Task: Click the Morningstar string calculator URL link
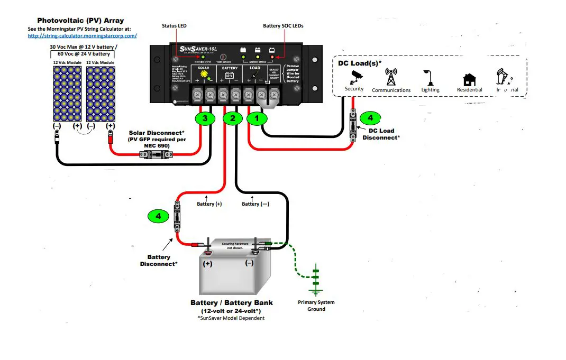pyautogui.click(x=82, y=35)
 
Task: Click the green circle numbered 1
pyautogui.click(x=257, y=118)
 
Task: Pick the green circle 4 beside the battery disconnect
pyautogui.click(x=158, y=216)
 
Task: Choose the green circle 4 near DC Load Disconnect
pyautogui.click(x=370, y=118)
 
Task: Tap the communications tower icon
pyautogui.click(x=391, y=77)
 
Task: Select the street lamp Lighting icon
pyautogui.click(x=430, y=78)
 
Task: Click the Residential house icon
pyautogui.click(x=469, y=79)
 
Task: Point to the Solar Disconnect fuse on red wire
pyautogui.click(x=156, y=154)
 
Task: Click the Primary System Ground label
pyautogui.click(x=316, y=306)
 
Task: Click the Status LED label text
pyautogui.click(x=174, y=25)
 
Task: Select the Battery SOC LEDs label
pyautogui.click(x=283, y=25)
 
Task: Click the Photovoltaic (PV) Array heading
pyautogui.click(x=80, y=21)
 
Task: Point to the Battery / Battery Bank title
pyautogui.click(x=232, y=303)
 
